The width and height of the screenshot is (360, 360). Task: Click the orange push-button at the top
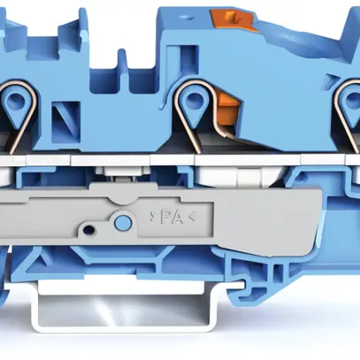coord(234,19)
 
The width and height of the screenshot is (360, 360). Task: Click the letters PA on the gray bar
coord(172,218)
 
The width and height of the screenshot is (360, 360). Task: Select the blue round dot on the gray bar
coord(123,221)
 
